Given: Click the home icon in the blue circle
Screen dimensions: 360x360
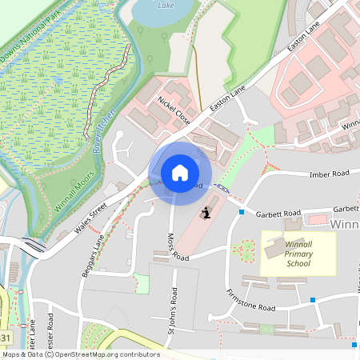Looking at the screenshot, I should (180, 172).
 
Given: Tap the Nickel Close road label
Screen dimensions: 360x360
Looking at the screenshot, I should (173, 111).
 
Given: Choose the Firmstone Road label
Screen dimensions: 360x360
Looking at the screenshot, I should (250, 301).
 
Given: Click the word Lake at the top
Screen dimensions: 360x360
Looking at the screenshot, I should (166, 5).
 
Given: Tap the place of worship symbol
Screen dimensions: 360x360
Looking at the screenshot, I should (206, 213).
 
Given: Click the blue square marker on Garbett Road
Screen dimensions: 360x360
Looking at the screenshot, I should (242, 212).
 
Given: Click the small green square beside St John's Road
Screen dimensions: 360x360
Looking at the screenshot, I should (142, 282).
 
